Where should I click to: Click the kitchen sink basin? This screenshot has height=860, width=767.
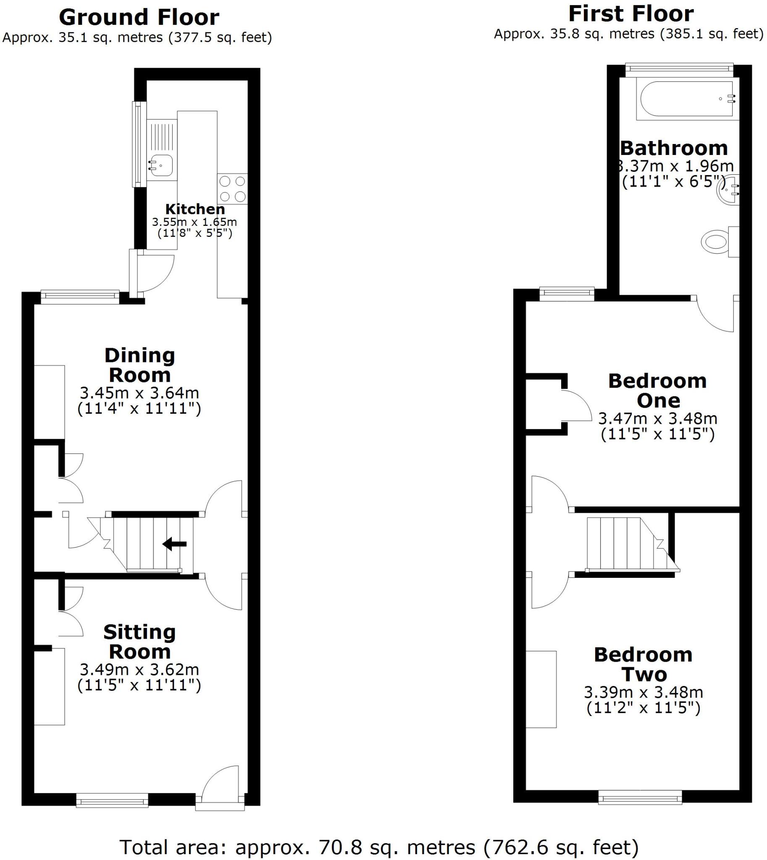(x=161, y=165)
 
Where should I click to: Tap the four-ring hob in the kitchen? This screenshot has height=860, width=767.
(x=232, y=189)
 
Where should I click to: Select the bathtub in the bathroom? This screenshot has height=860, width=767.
(x=686, y=99)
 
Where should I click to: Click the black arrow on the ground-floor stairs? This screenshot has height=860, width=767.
(x=174, y=544)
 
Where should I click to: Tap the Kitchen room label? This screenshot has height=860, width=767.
(x=195, y=209)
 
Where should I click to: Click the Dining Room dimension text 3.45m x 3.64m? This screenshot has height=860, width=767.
(x=139, y=393)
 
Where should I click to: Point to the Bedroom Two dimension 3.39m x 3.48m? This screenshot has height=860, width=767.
(x=643, y=692)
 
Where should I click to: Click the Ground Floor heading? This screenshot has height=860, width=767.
(x=139, y=18)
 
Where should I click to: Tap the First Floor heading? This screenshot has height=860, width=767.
(x=630, y=14)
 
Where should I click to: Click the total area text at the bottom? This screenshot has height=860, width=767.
(x=379, y=847)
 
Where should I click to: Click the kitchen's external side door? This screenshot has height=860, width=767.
(x=154, y=272)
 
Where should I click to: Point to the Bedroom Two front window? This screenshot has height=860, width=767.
(x=640, y=797)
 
